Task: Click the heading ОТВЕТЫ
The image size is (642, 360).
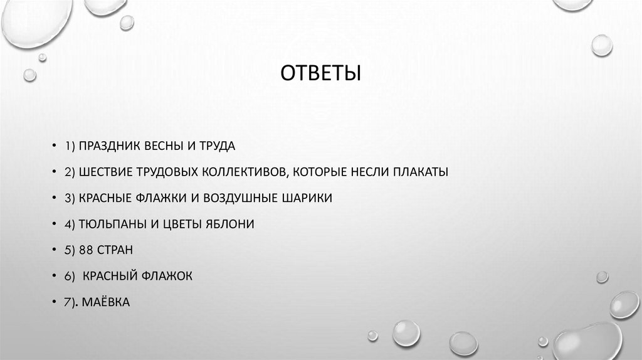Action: (320, 74)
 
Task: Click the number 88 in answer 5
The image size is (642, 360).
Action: (87, 250)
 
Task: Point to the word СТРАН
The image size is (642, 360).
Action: (115, 250)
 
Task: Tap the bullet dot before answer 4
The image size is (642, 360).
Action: (55, 225)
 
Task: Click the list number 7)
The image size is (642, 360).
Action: (70, 302)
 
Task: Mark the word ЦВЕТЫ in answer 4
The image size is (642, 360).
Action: (181, 224)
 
